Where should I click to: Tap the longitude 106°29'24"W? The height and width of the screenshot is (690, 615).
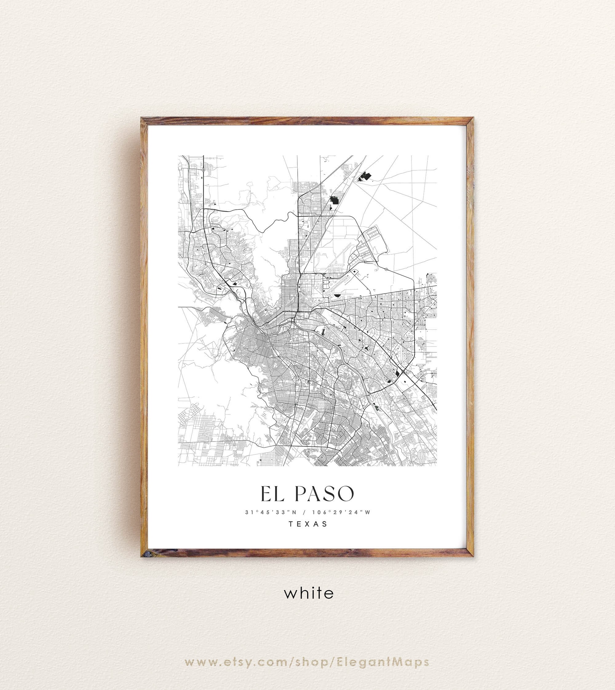(341, 512)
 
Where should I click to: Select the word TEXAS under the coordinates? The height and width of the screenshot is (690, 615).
(308, 524)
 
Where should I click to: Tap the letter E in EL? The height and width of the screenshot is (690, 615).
(266, 494)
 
